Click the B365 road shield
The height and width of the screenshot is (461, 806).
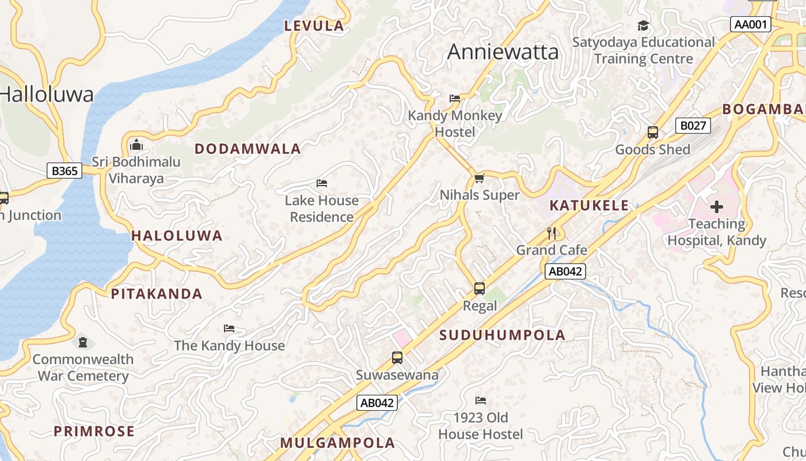[x=64, y=171]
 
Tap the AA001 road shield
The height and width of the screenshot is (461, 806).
[x=750, y=24]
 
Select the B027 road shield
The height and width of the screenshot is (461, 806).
[x=693, y=126]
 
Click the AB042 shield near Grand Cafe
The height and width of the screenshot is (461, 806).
[x=565, y=271]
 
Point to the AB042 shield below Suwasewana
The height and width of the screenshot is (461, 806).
[x=377, y=403]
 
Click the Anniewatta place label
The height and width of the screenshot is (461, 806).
[x=503, y=52]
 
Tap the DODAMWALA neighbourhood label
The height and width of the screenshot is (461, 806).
[x=248, y=149]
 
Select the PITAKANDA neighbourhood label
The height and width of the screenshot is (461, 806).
[x=157, y=294]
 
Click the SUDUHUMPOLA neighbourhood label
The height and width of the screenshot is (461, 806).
[x=503, y=335]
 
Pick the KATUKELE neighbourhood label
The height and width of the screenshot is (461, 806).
[x=589, y=206]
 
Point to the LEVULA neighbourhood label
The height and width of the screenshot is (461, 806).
[x=314, y=25]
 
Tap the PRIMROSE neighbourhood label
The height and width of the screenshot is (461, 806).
[x=94, y=431]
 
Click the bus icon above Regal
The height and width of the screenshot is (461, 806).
[x=479, y=289]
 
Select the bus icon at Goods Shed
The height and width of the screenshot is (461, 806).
[x=652, y=132]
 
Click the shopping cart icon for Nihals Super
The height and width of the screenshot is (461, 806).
[x=479, y=178]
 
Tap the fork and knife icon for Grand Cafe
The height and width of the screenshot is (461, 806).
[x=552, y=233]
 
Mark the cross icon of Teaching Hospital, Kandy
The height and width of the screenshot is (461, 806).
[x=717, y=206]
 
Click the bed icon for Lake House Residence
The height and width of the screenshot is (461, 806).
[x=322, y=183]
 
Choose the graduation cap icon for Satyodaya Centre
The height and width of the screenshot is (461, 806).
[x=643, y=25]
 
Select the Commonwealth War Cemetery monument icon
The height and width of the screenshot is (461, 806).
[x=83, y=342]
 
